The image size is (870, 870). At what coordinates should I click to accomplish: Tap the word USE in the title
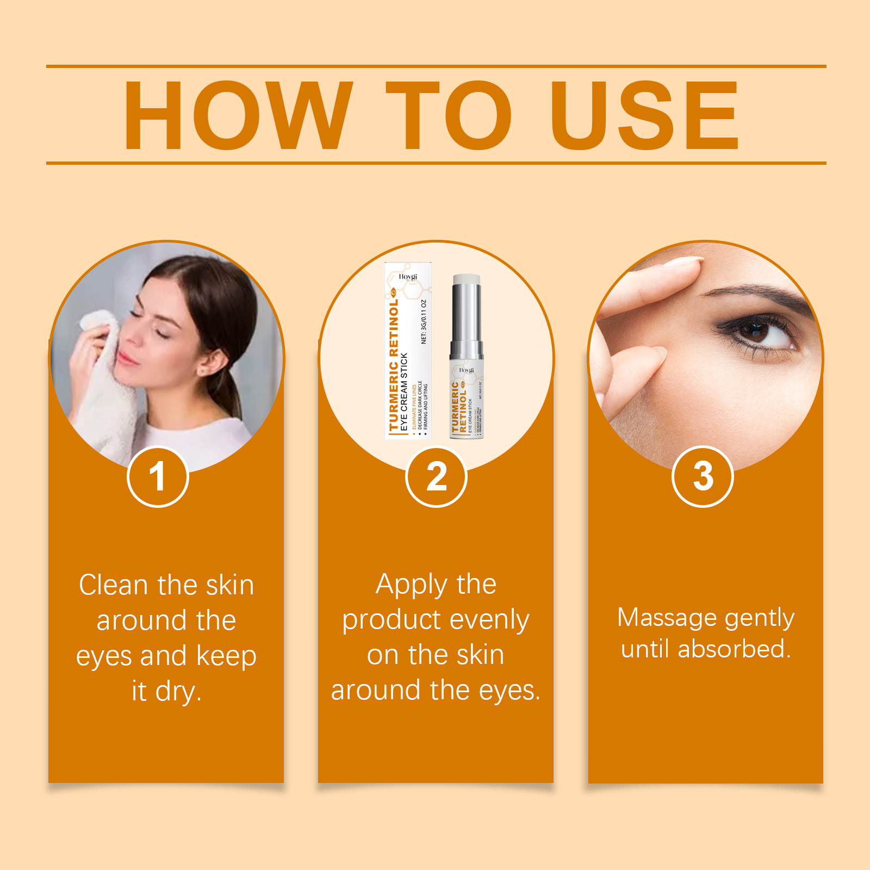pyautogui.click(x=644, y=115)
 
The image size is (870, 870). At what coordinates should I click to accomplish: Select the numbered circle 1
pyautogui.click(x=158, y=477)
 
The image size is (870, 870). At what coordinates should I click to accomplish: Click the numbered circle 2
pyautogui.click(x=436, y=477)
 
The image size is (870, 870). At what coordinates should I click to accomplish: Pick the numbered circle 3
pyautogui.click(x=703, y=477)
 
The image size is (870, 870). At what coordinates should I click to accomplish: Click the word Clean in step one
pyautogui.click(x=113, y=586)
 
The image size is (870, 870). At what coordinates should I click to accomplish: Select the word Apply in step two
pyautogui.click(x=409, y=586)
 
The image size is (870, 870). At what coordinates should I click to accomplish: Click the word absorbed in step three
pyautogui.click(x=734, y=649)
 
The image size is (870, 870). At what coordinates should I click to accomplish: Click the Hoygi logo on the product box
pyautogui.click(x=408, y=277)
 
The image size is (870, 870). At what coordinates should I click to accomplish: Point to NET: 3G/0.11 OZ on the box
pyautogui.click(x=424, y=321)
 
